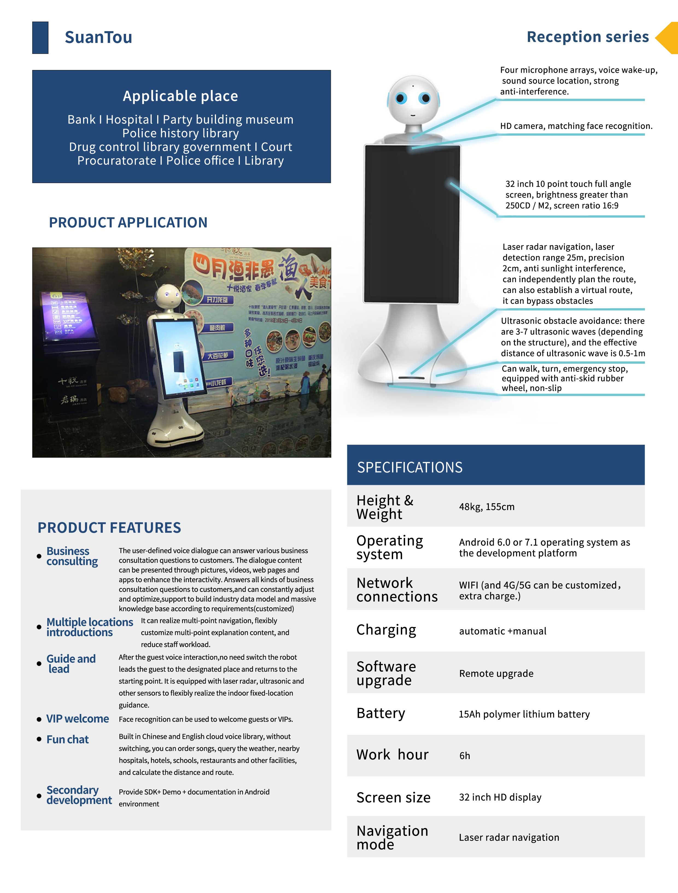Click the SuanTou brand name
98,37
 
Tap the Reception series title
588,37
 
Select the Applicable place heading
180,96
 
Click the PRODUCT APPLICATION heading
128,222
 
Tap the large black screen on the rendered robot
412,224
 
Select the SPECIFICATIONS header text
410,467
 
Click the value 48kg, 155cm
487,507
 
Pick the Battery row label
380,713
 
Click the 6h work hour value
464,756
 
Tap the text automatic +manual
502,631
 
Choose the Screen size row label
393,798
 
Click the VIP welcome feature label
78,719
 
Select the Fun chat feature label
68,740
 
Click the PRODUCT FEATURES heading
109,528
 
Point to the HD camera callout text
576,126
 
